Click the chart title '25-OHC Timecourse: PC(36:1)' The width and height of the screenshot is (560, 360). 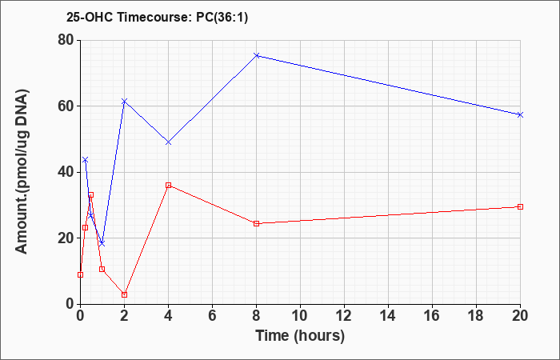(157, 17)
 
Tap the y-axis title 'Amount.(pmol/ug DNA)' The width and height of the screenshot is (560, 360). (22, 172)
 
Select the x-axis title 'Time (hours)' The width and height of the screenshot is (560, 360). (300, 336)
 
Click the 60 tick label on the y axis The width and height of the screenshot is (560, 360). (66, 106)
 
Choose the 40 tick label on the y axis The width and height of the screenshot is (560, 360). (66, 172)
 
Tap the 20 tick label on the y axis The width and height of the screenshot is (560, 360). (66, 238)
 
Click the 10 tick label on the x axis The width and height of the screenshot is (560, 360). (300, 316)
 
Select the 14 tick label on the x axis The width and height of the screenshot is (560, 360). (388, 316)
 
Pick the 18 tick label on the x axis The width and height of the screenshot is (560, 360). (476, 316)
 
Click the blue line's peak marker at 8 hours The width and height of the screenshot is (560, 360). (256, 55)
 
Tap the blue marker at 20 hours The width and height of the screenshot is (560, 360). (520, 114)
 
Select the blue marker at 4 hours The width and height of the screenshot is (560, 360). (168, 142)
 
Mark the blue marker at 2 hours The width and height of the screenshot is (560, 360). (124, 102)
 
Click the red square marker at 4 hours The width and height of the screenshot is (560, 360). (168, 186)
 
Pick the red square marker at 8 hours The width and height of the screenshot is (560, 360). (256, 223)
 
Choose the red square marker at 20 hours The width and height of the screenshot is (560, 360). (520, 206)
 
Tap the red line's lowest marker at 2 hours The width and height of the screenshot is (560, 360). (124, 294)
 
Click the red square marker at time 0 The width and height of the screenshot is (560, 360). (80, 274)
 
